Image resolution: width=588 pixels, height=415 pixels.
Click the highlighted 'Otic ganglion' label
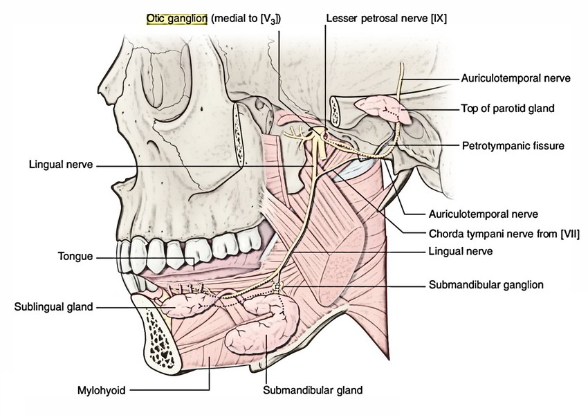(x=177, y=19)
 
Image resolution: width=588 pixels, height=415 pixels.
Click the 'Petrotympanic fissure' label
(x=513, y=146)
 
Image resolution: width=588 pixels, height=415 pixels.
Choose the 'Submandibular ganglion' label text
(x=486, y=284)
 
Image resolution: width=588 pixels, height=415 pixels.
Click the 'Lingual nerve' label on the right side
(x=461, y=252)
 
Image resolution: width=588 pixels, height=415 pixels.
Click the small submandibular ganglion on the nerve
(x=279, y=285)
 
